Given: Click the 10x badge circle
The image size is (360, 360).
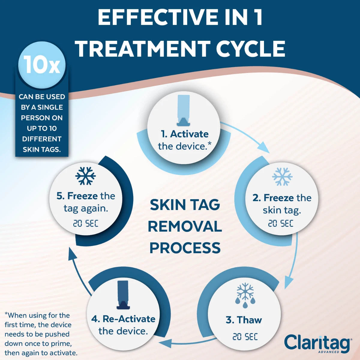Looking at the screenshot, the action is coord(42,65).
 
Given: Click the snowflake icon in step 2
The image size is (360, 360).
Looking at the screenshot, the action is coord(282,176).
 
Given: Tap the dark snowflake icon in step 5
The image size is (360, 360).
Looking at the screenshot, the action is coord(85,176).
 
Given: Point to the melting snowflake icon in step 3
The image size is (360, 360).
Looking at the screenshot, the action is coord(245,292).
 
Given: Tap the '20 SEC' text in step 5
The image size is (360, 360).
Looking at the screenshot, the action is coord(85,223).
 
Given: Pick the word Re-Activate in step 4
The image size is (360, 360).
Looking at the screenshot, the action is coord(129,319).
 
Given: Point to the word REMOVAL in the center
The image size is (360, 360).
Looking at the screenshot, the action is coord(185,226).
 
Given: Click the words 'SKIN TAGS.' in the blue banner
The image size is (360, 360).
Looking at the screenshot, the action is coord(42,149).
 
